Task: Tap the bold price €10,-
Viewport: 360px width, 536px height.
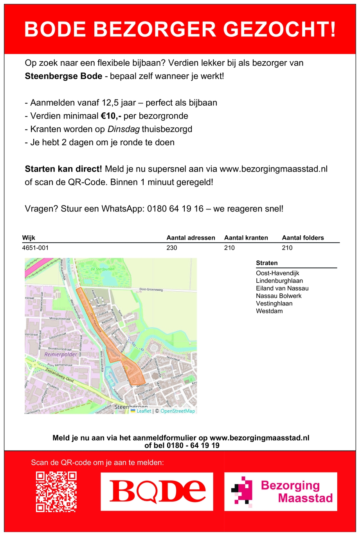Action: (111, 116)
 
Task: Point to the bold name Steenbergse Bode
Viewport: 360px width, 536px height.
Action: (63, 76)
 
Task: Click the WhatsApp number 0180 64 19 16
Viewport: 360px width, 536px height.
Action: (175, 209)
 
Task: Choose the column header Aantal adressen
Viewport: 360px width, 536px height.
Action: (191, 238)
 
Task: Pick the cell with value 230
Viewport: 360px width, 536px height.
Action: (172, 248)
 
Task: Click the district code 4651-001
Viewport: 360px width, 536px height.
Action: (36, 248)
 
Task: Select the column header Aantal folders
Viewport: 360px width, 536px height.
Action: (303, 238)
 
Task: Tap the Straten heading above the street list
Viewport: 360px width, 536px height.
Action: (267, 263)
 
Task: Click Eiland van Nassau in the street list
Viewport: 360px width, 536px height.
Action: (282, 289)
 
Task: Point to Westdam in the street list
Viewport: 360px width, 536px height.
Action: (269, 311)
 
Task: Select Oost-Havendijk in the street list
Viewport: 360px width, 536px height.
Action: (277, 273)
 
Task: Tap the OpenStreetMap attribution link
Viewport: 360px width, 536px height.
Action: (178, 411)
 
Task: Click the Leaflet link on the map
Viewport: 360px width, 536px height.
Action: (144, 411)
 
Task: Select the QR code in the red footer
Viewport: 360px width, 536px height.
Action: (56, 492)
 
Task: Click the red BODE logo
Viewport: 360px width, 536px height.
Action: (157, 491)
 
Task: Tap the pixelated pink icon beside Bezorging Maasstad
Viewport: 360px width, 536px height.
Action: (241, 490)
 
